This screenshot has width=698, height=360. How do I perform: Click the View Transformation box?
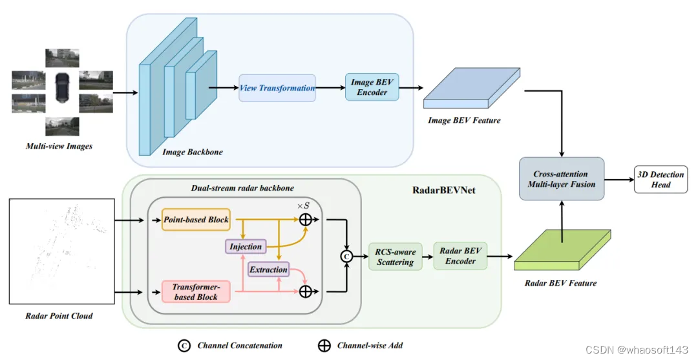[277, 88]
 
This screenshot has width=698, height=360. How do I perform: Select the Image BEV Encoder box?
[372, 87]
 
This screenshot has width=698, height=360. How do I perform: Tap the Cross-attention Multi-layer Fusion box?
[562, 179]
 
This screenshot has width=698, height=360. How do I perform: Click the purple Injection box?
[246, 246]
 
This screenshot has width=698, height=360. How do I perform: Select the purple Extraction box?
[268, 270]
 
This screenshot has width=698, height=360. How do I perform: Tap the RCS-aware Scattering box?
[395, 257]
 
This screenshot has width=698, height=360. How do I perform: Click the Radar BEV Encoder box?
[460, 256]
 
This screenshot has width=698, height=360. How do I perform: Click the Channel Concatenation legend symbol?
[184, 345]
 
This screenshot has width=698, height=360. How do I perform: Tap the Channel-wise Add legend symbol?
[324, 345]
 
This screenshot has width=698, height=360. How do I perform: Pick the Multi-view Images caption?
[59, 146]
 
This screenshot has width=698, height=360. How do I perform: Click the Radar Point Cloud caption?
[59, 316]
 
